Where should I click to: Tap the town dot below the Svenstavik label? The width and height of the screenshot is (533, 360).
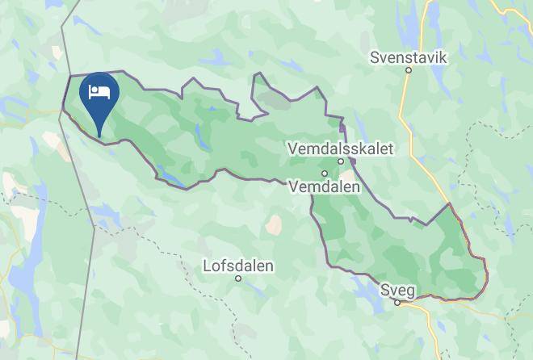coord(409,70)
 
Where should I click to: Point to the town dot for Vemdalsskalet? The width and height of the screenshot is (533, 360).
coord(342,161)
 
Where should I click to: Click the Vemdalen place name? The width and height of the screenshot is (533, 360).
coord(325,185)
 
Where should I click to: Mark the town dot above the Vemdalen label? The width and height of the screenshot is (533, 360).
coord(325,173)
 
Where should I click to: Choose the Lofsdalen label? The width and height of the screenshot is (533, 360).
coord(238,265)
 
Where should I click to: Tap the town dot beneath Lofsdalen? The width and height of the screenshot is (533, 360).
coord(238,278)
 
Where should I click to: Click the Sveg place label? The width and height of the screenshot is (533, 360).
coord(397,290)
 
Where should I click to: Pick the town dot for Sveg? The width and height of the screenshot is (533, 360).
coord(397,303)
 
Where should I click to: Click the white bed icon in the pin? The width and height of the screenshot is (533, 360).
coord(99,90)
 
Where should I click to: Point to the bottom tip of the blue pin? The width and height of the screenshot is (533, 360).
coord(99,135)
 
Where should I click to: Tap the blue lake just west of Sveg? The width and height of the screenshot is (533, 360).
coord(373,302)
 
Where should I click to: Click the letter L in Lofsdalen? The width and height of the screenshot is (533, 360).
coord(208,265)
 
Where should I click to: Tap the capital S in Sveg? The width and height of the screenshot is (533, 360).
coord(384,290)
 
